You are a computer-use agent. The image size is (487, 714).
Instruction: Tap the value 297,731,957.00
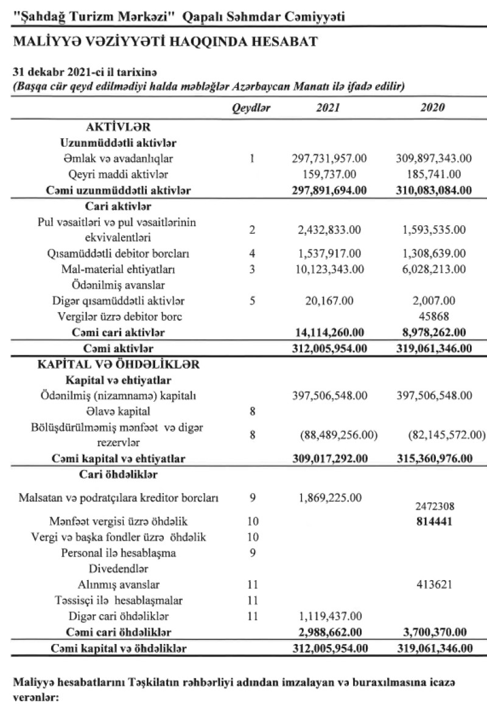(329, 159)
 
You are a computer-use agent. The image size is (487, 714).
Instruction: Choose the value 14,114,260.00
(329, 332)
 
